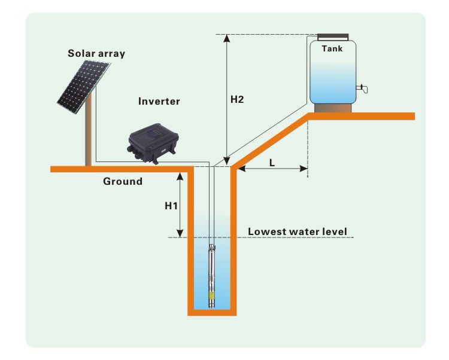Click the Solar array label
tap(96, 53)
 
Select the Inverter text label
tap(159, 101)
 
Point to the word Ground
tap(123, 181)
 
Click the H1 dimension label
tap(172, 205)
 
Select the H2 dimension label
tap(237, 99)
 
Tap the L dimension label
tap(272, 162)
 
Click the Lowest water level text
tap(298, 231)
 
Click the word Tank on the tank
tap(332, 48)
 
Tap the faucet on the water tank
tap(362, 90)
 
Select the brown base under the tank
tap(333, 108)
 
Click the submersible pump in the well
tap(212, 275)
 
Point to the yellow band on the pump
tap(212, 295)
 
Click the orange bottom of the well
tap(212, 312)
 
